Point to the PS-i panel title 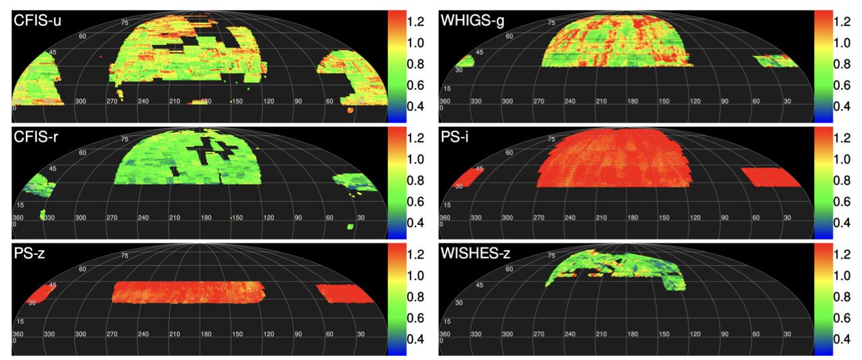[x=459, y=138]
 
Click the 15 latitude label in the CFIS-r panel [x=20, y=205]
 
